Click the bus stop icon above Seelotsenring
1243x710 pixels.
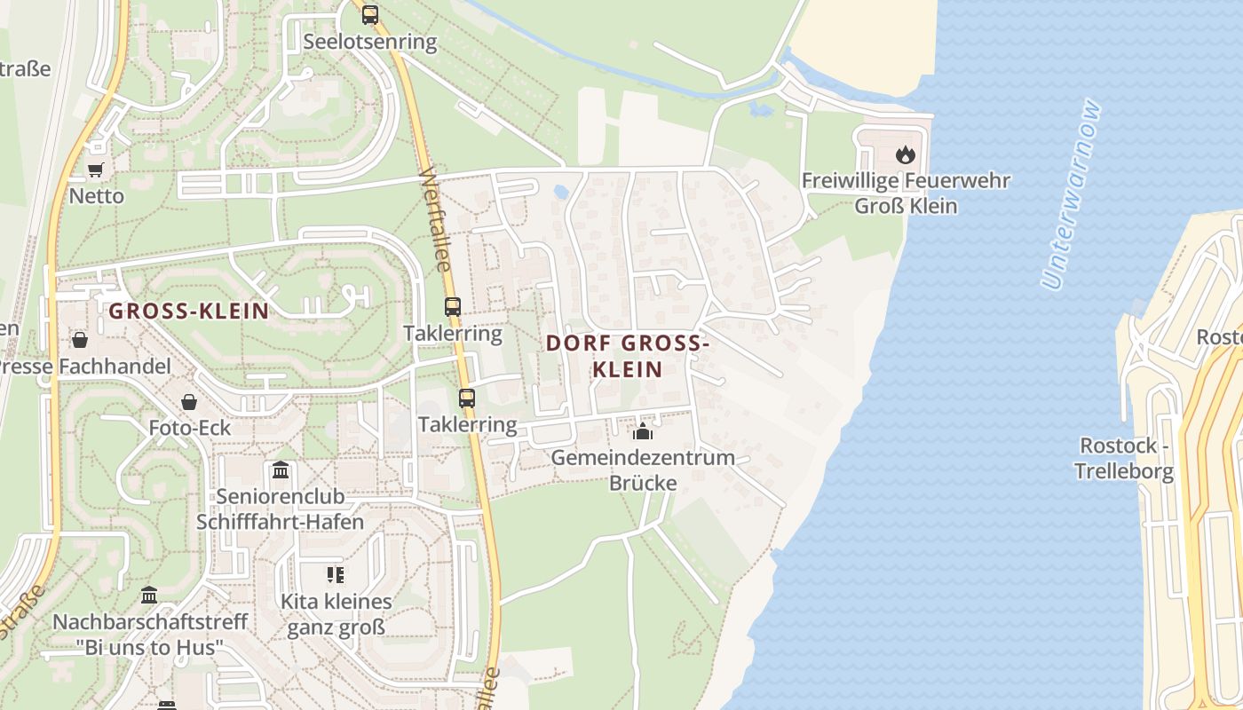pyautogui.click(x=370, y=15)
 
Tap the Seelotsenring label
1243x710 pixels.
pyautogui.click(x=370, y=42)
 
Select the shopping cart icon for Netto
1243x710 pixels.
pyautogui.click(x=96, y=170)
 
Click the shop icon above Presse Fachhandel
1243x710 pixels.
pyautogui.click(x=80, y=340)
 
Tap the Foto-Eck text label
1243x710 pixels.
pyautogui.click(x=189, y=428)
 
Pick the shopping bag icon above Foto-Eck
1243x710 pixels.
pyautogui.click(x=189, y=403)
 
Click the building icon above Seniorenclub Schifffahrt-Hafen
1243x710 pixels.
pyautogui.click(x=281, y=469)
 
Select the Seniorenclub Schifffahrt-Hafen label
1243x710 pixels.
pyautogui.click(x=281, y=509)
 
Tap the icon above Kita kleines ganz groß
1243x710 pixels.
pyautogui.click(x=335, y=575)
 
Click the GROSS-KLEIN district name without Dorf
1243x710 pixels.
pyautogui.click(x=188, y=311)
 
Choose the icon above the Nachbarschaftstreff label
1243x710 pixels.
pyautogui.click(x=149, y=595)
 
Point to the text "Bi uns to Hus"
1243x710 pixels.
pyautogui.click(x=149, y=647)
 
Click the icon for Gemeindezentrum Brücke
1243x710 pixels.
pyautogui.click(x=642, y=432)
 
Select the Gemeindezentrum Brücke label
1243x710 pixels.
pyautogui.click(x=643, y=470)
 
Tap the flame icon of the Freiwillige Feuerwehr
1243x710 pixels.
pyautogui.click(x=905, y=155)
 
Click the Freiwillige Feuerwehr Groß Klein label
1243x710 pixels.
pyautogui.click(x=906, y=193)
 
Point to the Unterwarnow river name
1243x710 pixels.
pyautogui.click(x=1072, y=195)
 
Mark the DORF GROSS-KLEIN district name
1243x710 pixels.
pyautogui.click(x=628, y=356)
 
